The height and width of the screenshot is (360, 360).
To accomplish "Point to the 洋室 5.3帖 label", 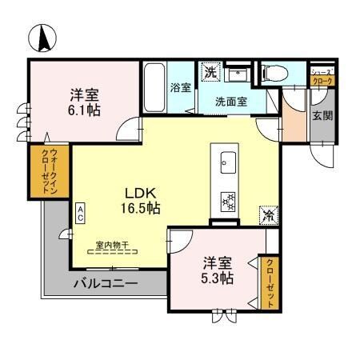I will click(217, 270).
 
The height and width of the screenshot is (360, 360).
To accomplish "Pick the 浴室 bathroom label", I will click(180, 87).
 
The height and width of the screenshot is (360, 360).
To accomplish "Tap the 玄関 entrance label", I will click(322, 116).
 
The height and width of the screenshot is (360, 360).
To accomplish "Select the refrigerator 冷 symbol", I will click(269, 215).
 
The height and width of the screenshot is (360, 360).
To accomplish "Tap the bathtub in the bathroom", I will click(154, 88).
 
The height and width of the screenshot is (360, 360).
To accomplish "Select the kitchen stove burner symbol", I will click(227, 201).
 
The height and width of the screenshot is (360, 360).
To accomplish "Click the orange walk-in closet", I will click(38, 171).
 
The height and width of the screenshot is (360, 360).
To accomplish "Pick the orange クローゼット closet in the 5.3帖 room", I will click(270, 283).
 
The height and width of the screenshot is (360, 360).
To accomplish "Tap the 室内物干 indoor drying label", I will click(112, 245).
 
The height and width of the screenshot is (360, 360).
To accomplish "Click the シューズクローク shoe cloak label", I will click(322, 75).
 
